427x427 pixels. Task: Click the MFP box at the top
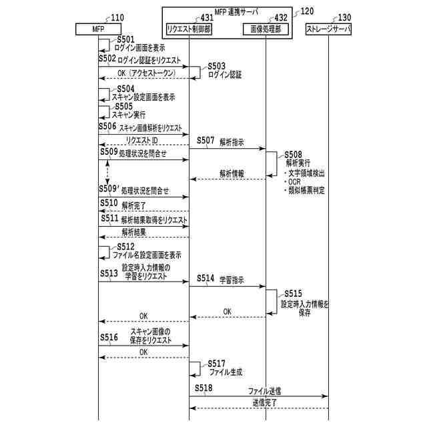click(x=99, y=29)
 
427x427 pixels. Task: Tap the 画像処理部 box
click(x=266, y=29)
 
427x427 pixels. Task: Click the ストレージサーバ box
click(x=328, y=29)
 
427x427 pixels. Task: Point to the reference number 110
click(x=117, y=17)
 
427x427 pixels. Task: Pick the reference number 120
click(x=308, y=11)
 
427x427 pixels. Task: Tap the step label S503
click(x=218, y=66)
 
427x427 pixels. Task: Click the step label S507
click(x=205, y=141)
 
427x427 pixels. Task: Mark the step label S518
click(x=204, y=388)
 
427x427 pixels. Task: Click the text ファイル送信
click(x=264, y=390)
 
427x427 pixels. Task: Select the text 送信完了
click(x=264, y=403)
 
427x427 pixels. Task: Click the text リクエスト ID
click(x=141, y=140)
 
